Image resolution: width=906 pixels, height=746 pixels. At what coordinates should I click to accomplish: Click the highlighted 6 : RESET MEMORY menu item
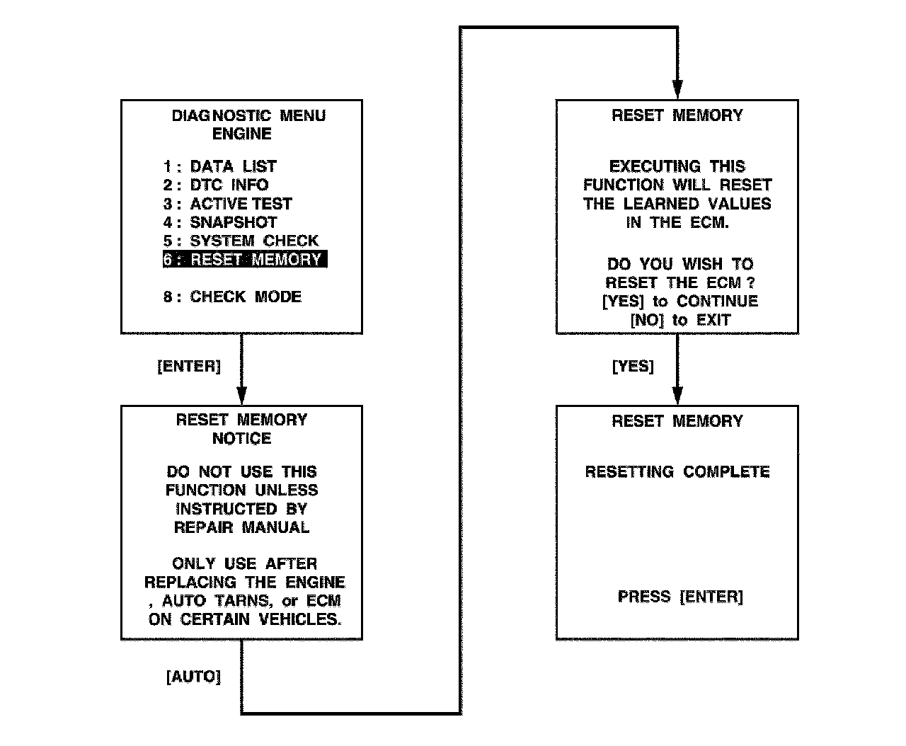pos(245,260)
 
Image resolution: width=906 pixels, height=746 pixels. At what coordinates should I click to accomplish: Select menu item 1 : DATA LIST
pos(220,166)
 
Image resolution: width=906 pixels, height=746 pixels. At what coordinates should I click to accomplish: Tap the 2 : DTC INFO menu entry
pos(216,185)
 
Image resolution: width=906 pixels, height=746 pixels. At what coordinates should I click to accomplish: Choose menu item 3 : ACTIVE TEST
pos(227,204)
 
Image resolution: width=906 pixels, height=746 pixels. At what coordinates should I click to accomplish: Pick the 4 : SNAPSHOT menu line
pos(220,222)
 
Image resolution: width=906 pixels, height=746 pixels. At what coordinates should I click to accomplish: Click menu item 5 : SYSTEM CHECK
pos(241,241)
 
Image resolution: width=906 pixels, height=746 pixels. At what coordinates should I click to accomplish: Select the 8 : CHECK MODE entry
pos(232,297)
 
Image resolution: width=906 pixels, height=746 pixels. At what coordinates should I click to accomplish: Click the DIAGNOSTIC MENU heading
pos(248,115)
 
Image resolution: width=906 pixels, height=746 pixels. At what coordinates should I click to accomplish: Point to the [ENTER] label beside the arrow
pos(189,367)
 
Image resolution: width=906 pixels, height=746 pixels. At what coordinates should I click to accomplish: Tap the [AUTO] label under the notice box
pos(193,677)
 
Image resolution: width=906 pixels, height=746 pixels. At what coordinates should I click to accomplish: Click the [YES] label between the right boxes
pos(633,367)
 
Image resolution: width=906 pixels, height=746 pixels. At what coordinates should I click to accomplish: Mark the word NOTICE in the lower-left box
pos(241,439)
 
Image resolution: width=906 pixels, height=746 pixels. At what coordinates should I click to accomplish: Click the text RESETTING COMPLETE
pos(677,472)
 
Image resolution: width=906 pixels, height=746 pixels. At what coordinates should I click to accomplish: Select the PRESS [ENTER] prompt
pos(680,597)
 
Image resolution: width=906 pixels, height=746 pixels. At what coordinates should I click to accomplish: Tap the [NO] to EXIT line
pos(679,320)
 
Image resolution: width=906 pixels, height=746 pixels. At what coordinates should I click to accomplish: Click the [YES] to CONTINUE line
pos(679,302)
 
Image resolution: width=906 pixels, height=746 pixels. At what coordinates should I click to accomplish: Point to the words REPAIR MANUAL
pos(241,527)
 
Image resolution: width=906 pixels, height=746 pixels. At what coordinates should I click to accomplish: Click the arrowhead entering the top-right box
pos(677,90)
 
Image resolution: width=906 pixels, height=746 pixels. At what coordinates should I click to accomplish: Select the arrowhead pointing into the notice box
pos(241,396)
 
